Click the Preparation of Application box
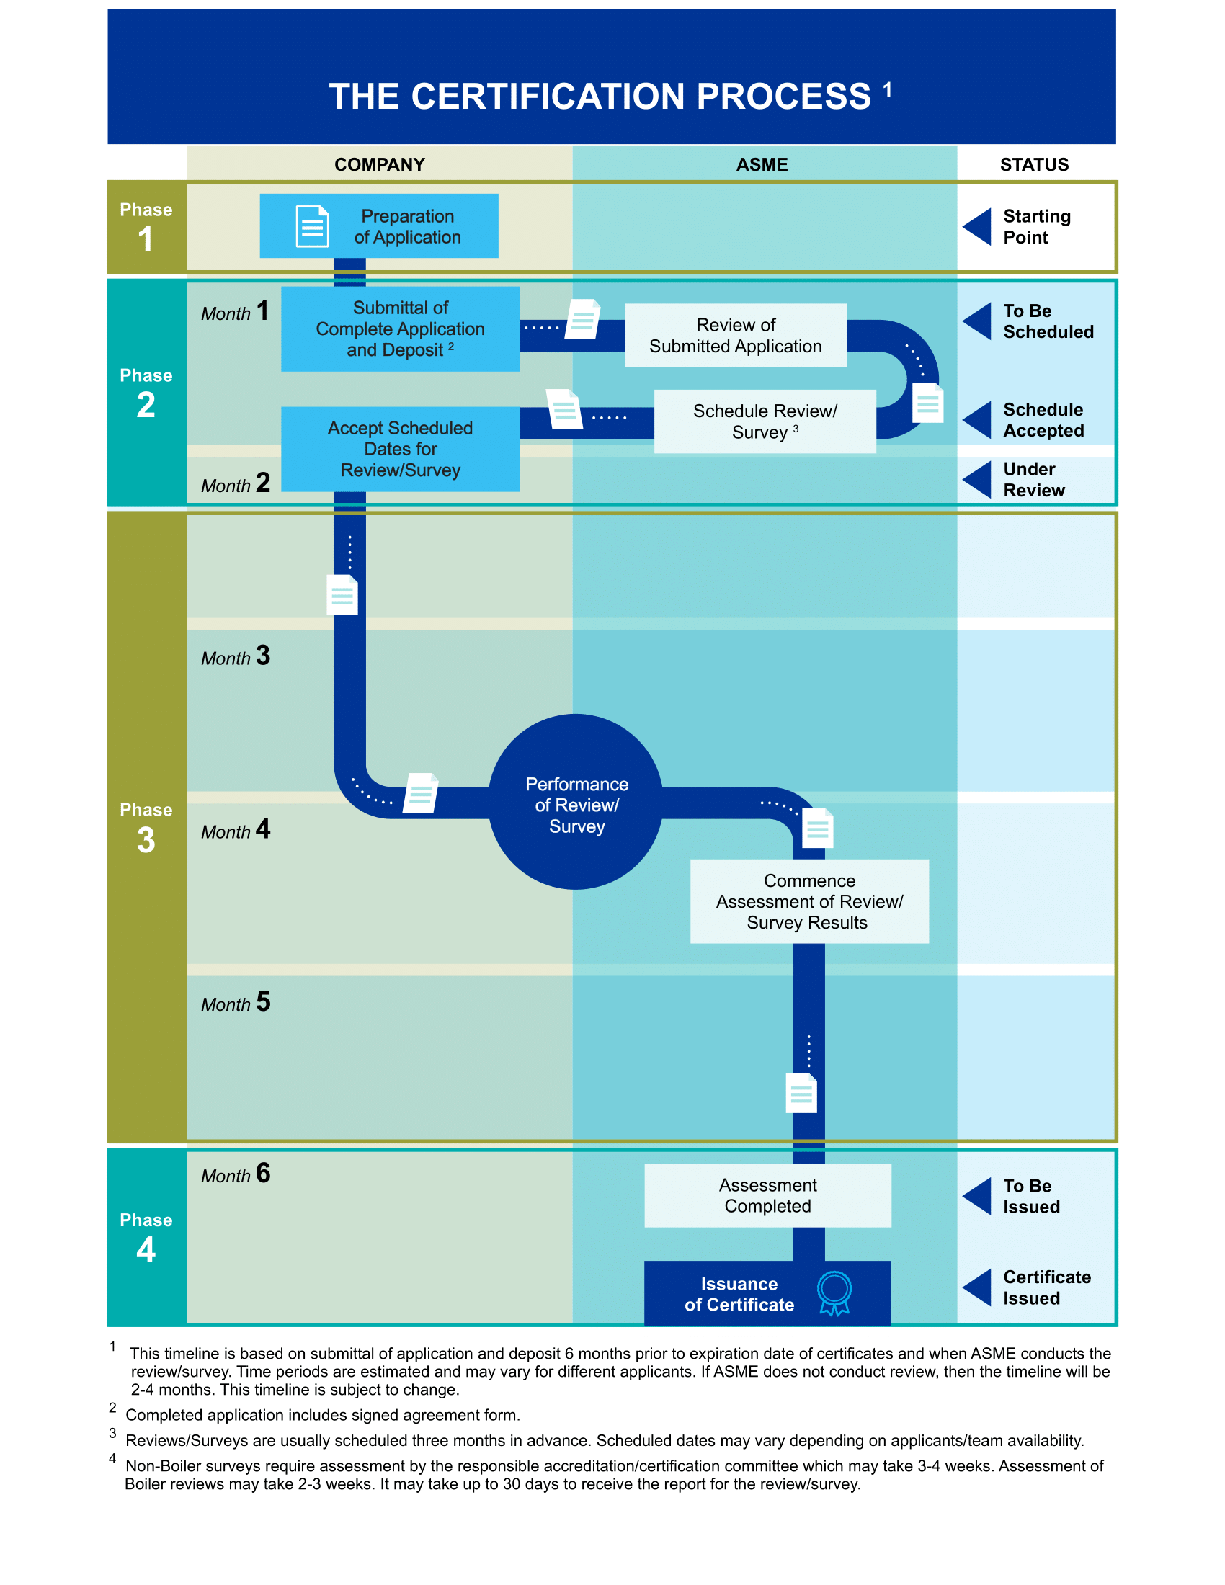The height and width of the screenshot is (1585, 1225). [x=379, y=226]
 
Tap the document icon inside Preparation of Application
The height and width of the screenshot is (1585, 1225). [x=312, y=226]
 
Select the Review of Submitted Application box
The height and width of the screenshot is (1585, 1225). [x=735, y=335]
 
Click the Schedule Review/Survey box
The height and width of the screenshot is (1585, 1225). [x=765, y=421]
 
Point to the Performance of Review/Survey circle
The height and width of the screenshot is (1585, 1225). [x=576, y=802]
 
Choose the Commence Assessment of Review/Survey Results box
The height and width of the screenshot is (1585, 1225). [x=809, y=901]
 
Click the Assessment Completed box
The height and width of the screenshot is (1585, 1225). [x=767, y=1195]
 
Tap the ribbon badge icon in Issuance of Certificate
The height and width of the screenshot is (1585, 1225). [x=834, y=1292]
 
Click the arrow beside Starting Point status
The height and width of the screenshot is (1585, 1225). [x=978, y=226]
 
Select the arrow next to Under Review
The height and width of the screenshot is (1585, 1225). [x=978, y=480]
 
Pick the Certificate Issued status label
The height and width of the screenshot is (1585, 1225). [x=1046, y=1287]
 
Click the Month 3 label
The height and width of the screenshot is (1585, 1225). [x=236, y=656]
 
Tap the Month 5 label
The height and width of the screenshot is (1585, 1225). [x=236, y=1002]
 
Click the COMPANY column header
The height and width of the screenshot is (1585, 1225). [x=380, y=165]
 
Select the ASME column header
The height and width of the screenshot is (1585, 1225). [x=762, y=165]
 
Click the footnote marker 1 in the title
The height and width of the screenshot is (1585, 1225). [x=887, y=90]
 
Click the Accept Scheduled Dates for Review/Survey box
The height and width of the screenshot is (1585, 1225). [x=400, y=449]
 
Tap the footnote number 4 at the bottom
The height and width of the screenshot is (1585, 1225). [x=112, y=1459]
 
